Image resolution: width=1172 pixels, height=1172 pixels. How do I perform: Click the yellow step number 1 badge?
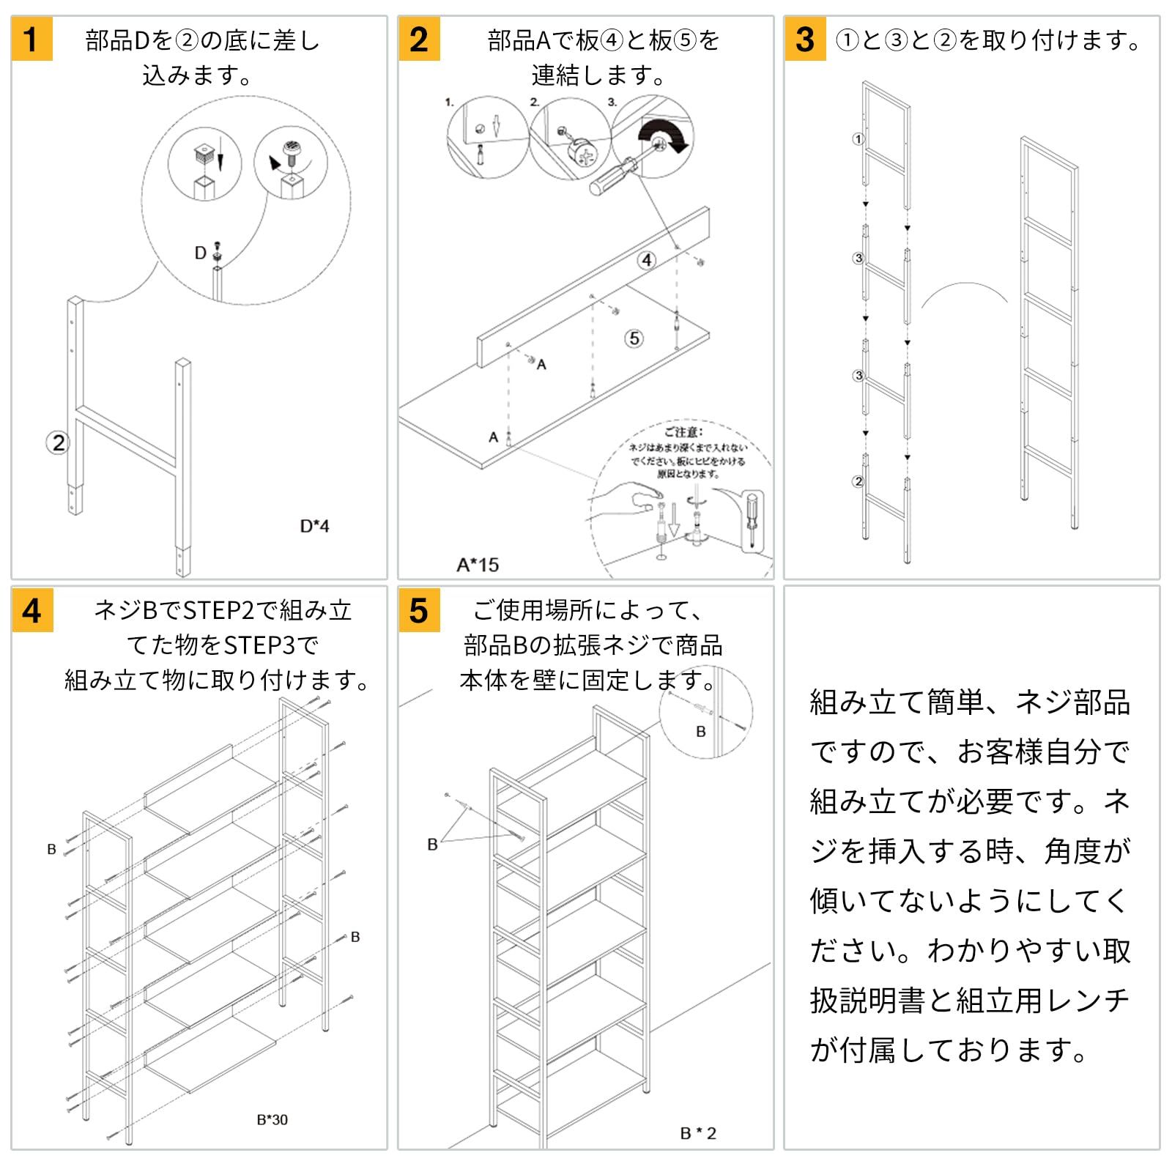tap(31, 40)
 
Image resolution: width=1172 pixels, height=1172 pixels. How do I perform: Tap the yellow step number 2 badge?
tap(419, 40)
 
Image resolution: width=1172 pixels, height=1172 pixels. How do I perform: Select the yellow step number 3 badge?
tap(805, 40)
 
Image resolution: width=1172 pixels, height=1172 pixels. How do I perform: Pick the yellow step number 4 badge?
tap(32, 610)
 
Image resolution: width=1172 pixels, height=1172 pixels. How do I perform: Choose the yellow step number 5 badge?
tap(419, 610)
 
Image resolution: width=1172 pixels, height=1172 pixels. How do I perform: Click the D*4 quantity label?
tap(314, 526)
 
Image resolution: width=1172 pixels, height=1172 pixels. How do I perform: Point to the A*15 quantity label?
tap(478, 565)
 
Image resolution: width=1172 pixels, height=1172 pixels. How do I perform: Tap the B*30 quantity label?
tap(272, 1119)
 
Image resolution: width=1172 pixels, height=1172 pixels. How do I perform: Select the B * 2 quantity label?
tap(698, 1133)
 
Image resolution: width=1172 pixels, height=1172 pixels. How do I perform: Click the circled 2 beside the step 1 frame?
tap(58, 442)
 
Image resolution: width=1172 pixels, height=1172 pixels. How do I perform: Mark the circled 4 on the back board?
tap(646, 260)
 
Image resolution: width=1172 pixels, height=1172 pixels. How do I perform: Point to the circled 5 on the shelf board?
tap(634, 338)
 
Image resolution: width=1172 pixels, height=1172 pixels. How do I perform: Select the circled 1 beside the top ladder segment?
tap(858, 138)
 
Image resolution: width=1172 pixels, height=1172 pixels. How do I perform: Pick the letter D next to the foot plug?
tap(200, 253)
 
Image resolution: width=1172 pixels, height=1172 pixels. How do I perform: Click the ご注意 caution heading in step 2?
tap(683, 432)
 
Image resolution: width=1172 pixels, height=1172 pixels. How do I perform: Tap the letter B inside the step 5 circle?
tap(701, 732)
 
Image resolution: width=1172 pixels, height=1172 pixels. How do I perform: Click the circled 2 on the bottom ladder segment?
tap(858, 481)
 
